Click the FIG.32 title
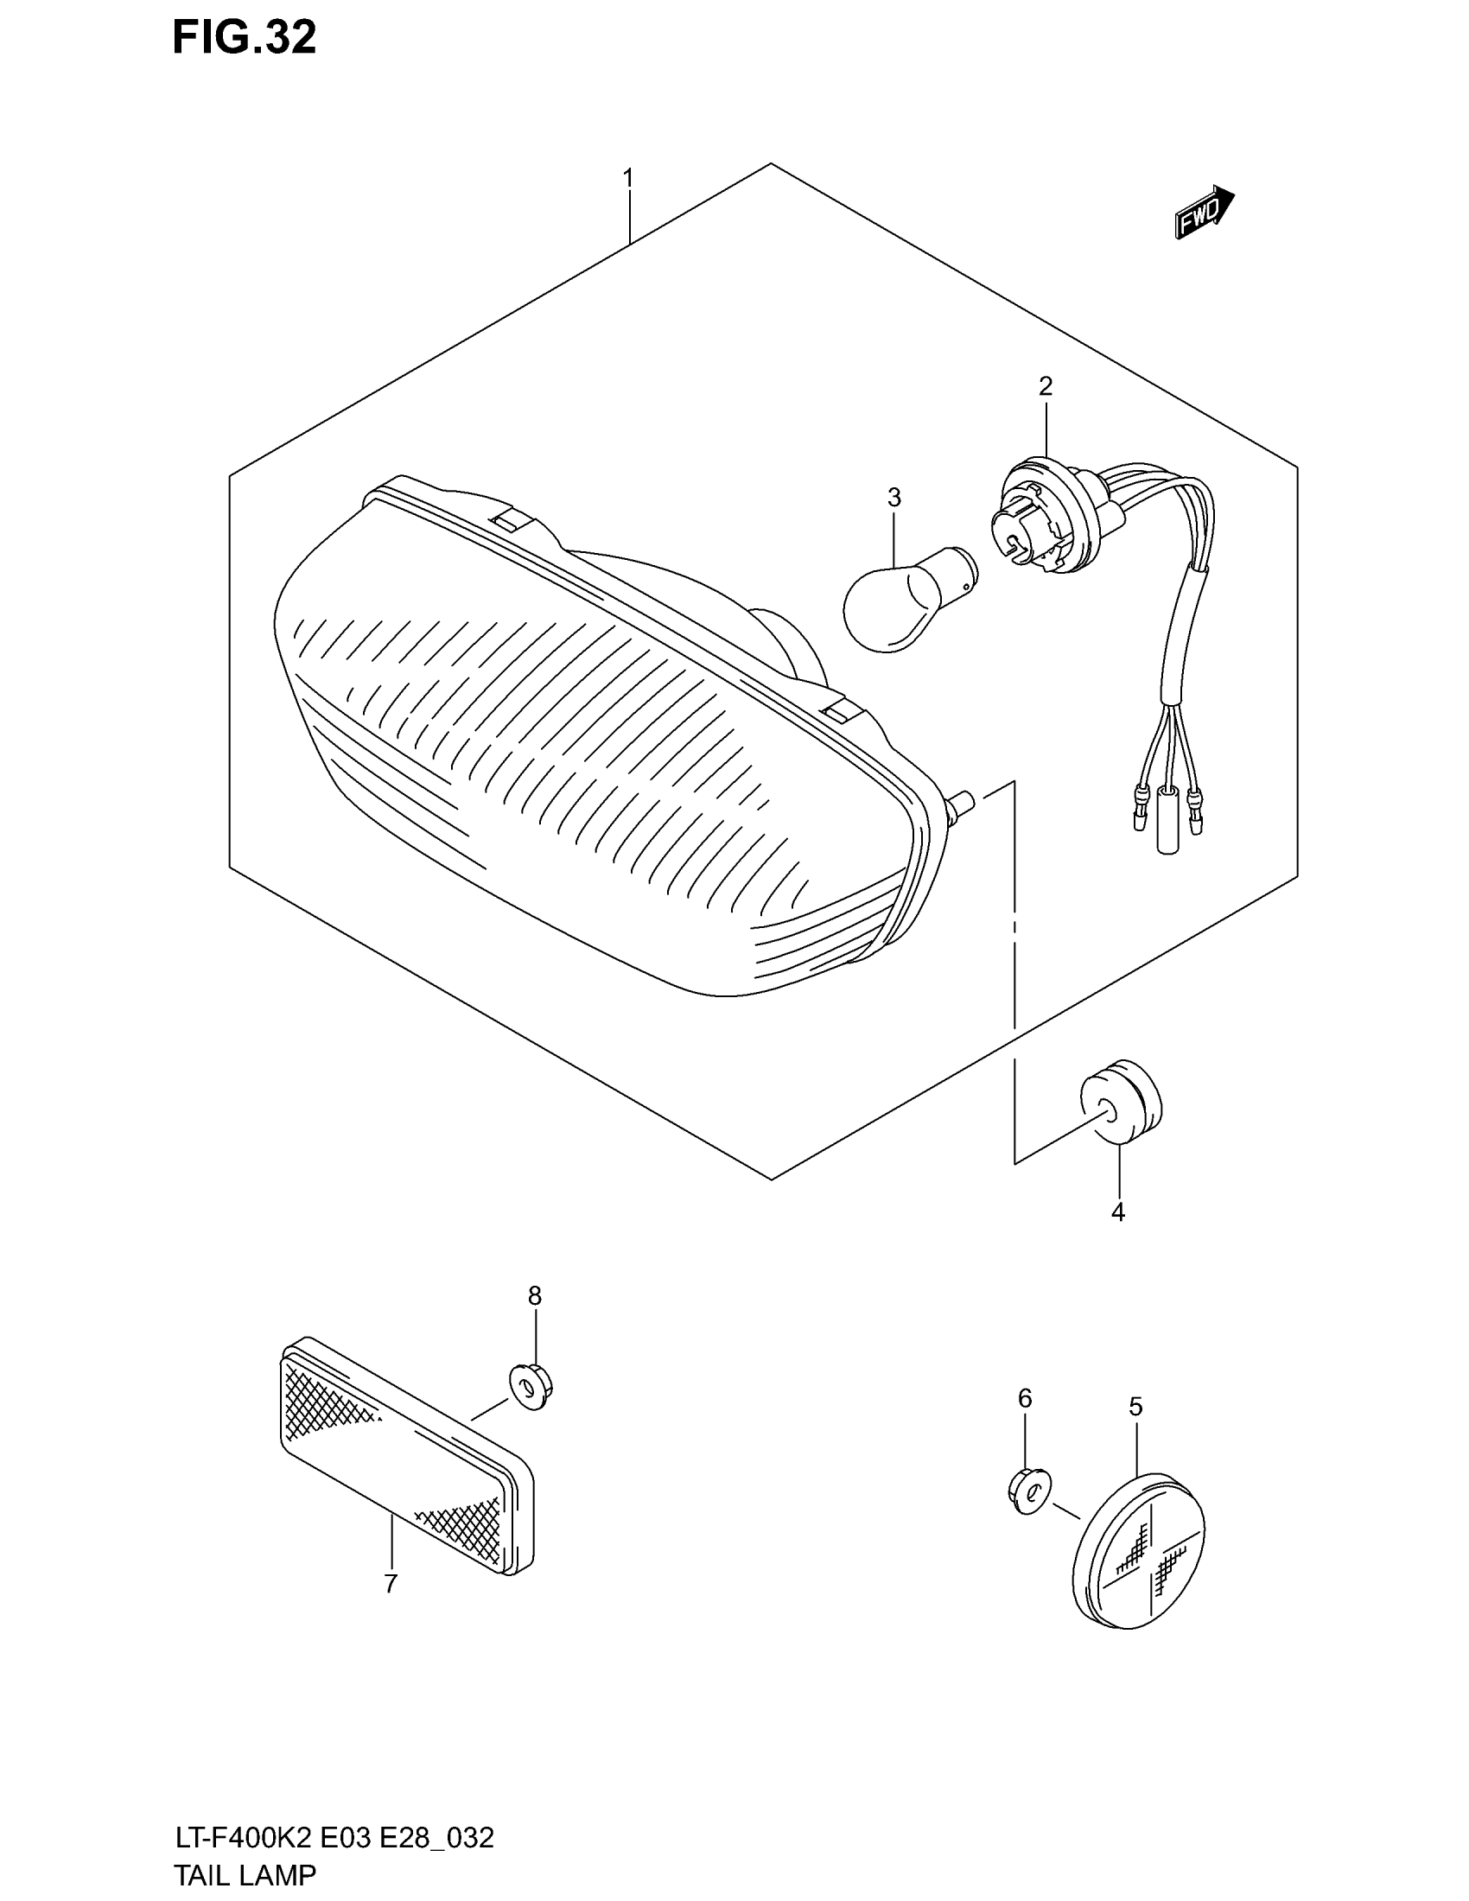[245, 38]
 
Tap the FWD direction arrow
[1204, 213]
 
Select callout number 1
[627, 179]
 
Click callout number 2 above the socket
[1046, 385]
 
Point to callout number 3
[893, 498]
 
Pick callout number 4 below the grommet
[1118, 1211]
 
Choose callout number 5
[1135, 1407]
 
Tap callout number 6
[1025, 1399]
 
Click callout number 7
[391, 1584]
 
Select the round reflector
[1138, 1550]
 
